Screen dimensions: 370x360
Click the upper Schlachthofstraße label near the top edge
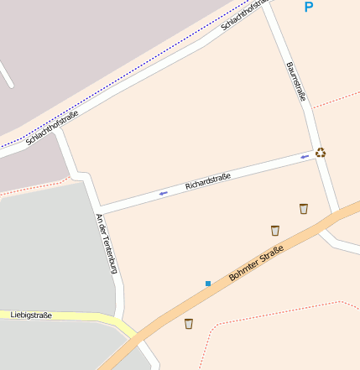tap(245, 14)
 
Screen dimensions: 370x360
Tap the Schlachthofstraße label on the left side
tap(52, 128)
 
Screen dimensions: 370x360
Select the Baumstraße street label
tap(295, 81)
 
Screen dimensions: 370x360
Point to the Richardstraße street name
tap(208, 180)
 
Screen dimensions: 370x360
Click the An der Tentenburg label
tap(105, 243)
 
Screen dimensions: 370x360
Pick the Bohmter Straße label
tap(256, 263)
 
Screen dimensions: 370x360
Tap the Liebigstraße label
tap(31, 315)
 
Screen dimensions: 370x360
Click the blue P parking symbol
tap(308, 8)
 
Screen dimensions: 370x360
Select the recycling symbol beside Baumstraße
tap(321, 153)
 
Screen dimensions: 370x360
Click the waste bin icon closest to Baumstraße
tap(304, 208)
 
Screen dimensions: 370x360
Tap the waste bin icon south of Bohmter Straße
tap(189, 323)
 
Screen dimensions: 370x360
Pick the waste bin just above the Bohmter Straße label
tap(274, 230)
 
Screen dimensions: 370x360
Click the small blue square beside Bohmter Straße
tap(208, 284)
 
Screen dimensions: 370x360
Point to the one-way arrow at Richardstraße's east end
tap(305, 156)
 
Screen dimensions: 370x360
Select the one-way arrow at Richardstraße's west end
tap(163, 193)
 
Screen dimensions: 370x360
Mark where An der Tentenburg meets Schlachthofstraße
tap(57, 133)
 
